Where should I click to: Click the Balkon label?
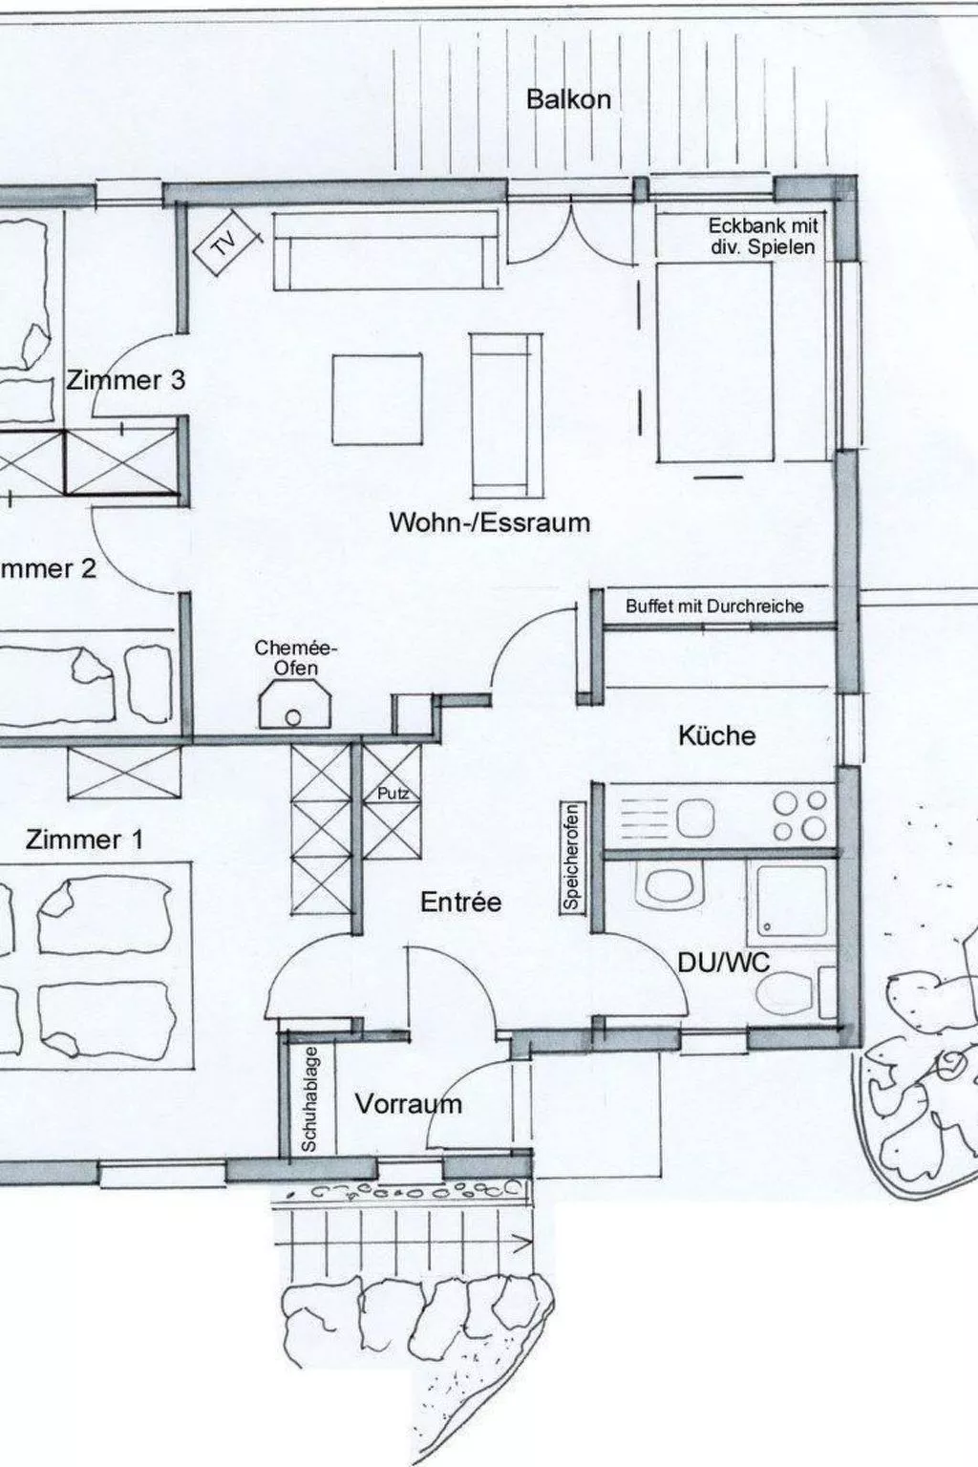[x=568, y=99]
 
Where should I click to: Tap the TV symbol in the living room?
[x=225, y=245]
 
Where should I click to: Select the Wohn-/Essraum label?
[x=489, y=522]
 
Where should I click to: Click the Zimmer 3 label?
[x=125, y=380]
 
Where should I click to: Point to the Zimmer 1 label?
[x=84, y=840]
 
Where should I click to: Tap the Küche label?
[x=716, y=735]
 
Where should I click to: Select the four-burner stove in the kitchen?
[x=800, y=816]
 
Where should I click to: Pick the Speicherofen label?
[x=572, y=857]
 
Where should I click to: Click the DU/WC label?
[x=723, y=962]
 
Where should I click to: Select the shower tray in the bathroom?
[x=792, y=901]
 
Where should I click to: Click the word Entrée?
[x=460, y=902]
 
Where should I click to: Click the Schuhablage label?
[x=308, y=1101]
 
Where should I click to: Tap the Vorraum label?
[x=408, y=1104]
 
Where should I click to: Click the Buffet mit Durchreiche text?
[x=714, y=606]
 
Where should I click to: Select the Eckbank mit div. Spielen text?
[x=762, y=236]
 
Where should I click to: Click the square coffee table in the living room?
[x=377, y=399]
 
